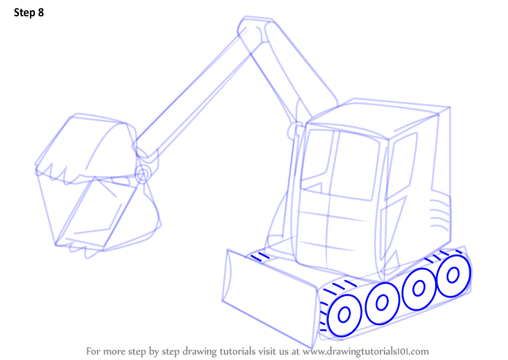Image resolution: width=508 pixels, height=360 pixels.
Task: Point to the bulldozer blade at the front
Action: point(269,298)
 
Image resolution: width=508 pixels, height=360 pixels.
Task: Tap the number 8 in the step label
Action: point(41,13)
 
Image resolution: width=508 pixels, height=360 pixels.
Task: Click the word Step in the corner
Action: point(25,13)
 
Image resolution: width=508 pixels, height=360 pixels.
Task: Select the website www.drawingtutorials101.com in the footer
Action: point(366,352)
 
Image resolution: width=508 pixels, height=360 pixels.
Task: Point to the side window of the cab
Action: point(401,166)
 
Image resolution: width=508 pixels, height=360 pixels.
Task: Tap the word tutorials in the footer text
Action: point(238,352)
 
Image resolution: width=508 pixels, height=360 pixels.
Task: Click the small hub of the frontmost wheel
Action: point(344,315)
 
